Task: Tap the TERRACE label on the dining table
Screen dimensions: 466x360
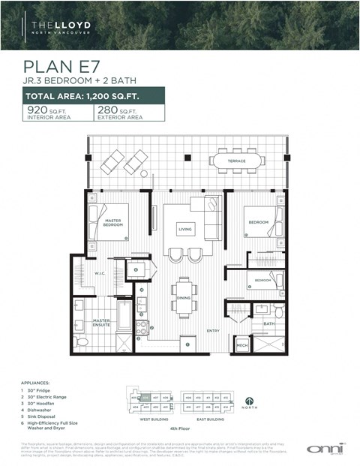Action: tap(237, 161)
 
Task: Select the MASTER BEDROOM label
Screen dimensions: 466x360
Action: tap(112, 223)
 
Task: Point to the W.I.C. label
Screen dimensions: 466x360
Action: tap(101, 272)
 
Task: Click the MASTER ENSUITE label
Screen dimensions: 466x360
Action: tap(102, 323)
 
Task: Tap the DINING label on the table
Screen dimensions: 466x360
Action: tap(184, 297)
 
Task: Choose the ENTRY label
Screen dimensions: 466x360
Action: tap(213, 330)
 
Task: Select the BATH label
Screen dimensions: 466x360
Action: tap(268, 323)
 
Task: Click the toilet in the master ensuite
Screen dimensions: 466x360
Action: tap(82, 341)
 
